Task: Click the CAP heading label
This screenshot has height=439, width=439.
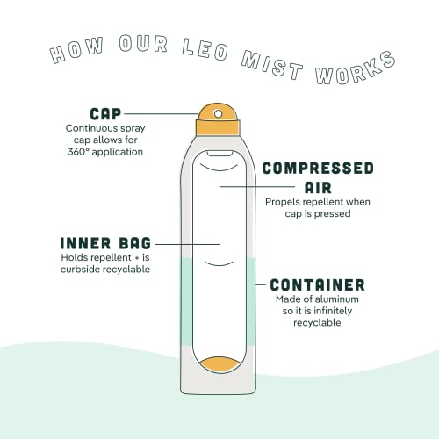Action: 105,114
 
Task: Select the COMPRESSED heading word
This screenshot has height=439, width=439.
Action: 318,169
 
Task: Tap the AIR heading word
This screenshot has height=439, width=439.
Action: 318,188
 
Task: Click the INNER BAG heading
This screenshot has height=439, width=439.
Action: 105,243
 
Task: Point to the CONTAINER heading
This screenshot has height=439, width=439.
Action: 318,284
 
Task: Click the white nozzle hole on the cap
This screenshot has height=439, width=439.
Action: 218,114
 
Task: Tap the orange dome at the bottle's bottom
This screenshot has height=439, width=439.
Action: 218,364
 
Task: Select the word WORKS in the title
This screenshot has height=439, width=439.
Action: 356,68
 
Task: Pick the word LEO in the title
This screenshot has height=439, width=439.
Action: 205,49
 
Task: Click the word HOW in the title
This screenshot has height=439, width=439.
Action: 76,50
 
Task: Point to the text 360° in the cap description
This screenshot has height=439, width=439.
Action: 78,152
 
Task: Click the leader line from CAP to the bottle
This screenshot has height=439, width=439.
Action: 161,114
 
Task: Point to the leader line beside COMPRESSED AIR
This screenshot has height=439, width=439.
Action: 257,186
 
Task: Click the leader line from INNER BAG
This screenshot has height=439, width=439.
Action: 187,244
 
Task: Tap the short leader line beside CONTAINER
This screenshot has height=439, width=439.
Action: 260,284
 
